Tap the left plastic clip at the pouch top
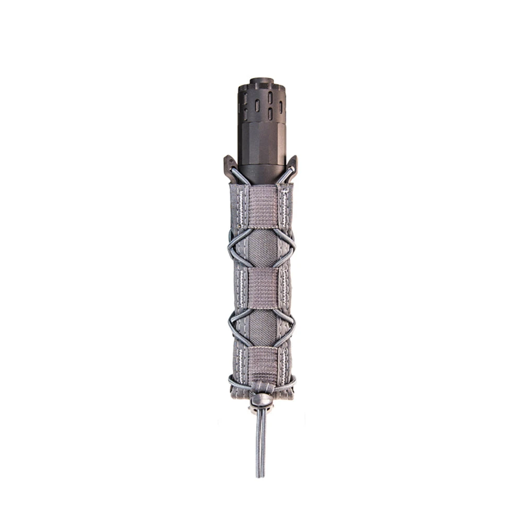click(x=230, y=166)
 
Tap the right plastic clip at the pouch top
click(x=292, y=165)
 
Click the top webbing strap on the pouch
click(x=262, y=207)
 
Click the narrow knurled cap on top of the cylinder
click(x=261, y=83)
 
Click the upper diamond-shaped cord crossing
click(x=262, y=246)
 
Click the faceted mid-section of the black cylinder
click(x=262, y=139)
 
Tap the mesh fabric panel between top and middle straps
click(x=262, y=248)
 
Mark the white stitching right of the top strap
click(x=285, y=207)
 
